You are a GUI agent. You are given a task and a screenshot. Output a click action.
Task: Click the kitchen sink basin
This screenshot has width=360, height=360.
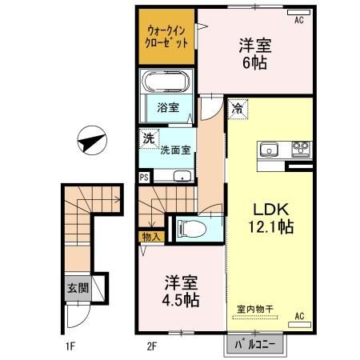pos(268,148)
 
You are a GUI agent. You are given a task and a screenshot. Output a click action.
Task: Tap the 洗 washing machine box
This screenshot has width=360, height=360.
pos(149,139)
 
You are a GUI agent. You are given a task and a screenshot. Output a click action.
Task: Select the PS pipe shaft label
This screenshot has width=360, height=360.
pos(144,178)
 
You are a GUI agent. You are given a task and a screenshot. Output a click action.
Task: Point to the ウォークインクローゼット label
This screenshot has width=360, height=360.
pos(167,38)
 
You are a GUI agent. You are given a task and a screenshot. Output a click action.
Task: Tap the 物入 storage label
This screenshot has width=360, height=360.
pos(151,237)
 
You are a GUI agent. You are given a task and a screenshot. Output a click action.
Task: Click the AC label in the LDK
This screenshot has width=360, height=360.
pos(300,316)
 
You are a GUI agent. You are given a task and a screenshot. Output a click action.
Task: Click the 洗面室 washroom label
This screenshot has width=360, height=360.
pos(174,149)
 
